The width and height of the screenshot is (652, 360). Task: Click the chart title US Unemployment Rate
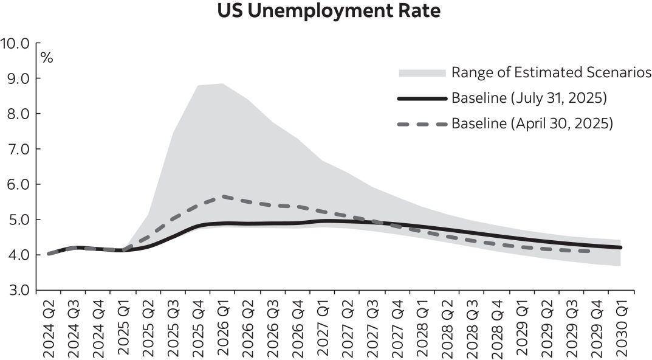pyautogui.click(x=328, y=12)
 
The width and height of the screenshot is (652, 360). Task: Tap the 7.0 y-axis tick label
pyautogui.click(x=18, y=149)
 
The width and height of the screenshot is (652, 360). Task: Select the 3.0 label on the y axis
pyautogui.click(x=18, y=290)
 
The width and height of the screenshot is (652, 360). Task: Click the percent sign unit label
pyautogui.click(x=47, y=58)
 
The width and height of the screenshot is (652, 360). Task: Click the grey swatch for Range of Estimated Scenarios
pyautogui.click(x=422, y=73)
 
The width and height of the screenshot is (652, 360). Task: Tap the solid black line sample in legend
pyautogui.click(x=422, y=98)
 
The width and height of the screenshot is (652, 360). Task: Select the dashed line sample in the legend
pyautogui.click(x=422, y=123)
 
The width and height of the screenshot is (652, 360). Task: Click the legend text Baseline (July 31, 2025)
pyautogui.click(x=529, y=98)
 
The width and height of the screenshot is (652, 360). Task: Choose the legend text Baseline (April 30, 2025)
pyautogui.click(x=532, y=123)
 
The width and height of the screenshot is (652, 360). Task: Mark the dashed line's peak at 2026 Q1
pyautogui.click(x=223, y=196)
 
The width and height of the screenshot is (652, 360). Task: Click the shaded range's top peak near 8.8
pyautogui.click(x=223, y=84)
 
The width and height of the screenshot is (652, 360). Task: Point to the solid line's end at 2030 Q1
pyautogui.click(x=620, y=247)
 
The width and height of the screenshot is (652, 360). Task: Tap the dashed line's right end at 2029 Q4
pyautogui.click(x=588, y=251)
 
